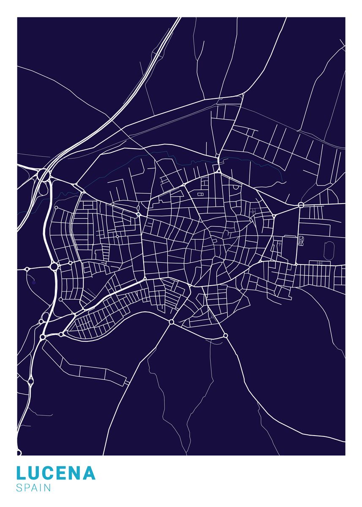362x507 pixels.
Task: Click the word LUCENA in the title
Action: [x=56, y=473]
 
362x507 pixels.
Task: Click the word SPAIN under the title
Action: [x=33, y=488]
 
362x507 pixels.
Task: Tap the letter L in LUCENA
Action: [x=21, y=473]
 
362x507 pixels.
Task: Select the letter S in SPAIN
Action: [x=19, y=488]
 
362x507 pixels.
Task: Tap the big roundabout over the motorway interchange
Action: [x=44, y=174]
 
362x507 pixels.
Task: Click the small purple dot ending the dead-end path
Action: [x=33, y=281]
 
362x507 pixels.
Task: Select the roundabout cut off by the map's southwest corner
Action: [x=18, y=453]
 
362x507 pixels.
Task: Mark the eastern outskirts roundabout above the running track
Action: [x=301, y=205]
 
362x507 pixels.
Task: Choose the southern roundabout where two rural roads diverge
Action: [x=171, y=322]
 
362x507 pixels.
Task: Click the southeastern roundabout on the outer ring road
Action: [x=226, y=336]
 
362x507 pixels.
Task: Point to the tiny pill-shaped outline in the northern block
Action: [x=199, y=194]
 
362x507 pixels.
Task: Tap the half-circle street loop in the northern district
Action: [x=204, y=182]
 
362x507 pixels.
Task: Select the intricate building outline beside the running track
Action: [x=301, y=241]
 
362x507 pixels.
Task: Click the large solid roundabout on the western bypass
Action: [x=54, y=267]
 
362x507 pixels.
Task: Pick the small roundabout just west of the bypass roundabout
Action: [x=27, y=269]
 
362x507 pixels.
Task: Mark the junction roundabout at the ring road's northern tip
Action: [x=218, y=170]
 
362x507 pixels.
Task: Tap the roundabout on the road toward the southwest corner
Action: [x=30, y=381]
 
